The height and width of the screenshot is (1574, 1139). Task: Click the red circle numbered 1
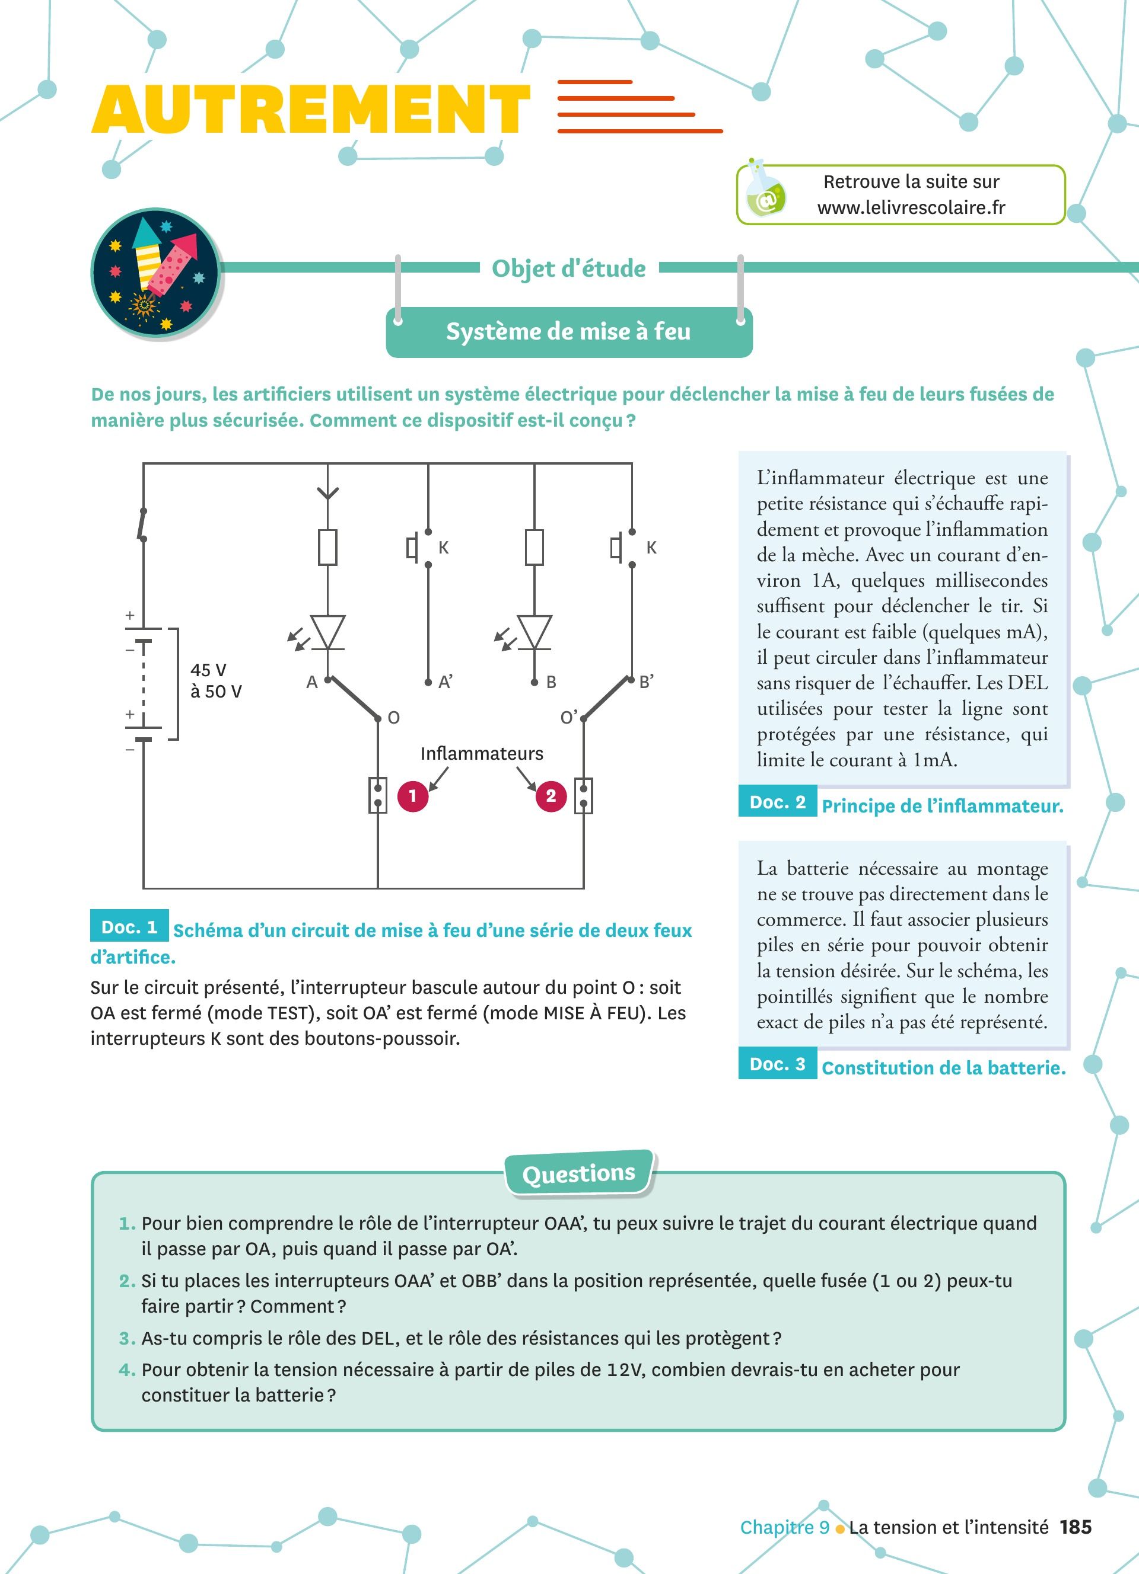coord(412,795)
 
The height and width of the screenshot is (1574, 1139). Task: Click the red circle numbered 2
coord(551,795)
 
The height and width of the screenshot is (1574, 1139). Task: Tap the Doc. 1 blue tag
coord(129,927)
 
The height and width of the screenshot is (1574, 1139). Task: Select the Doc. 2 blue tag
coord(777,802)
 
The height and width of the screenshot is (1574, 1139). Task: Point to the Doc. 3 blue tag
coord(777,1064)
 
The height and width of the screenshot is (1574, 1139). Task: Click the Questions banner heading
coord(578,1173)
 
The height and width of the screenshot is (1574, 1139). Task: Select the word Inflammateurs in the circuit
coord(481,754)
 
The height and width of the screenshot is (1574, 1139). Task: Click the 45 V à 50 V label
coord(216,680)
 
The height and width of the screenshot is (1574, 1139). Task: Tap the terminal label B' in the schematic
coord(647,682)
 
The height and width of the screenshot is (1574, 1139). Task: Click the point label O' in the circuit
coord(569,718)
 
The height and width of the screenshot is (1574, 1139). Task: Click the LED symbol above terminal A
coord(327,633)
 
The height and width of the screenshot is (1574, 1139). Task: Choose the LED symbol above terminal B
coord(534,633)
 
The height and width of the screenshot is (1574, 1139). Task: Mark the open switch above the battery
coord(143,524)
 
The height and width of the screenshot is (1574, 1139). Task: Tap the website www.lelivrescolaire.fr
coord(911,207)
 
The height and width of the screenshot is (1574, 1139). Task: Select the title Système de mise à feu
coord(568,332)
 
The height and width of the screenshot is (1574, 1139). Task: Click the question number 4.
coord(127,1370)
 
